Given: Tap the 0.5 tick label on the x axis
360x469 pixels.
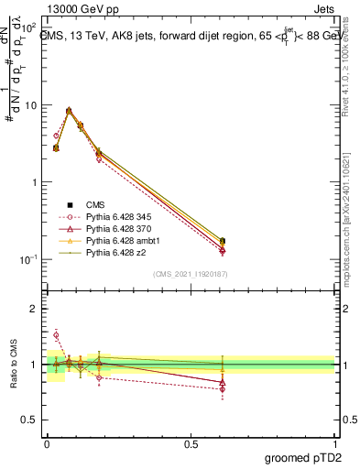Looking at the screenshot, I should (191, 442).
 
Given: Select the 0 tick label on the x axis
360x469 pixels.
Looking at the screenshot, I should (47, 442).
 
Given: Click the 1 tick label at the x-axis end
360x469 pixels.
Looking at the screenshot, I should (335, 442).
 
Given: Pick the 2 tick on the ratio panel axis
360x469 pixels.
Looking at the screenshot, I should (35, 309).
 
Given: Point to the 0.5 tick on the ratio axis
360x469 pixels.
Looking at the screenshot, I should (31, 420).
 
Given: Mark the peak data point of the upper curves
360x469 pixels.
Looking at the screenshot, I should (69, 111).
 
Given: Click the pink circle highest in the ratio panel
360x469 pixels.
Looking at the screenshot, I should (56, 335).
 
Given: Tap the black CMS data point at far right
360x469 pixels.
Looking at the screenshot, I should (223, 241).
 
